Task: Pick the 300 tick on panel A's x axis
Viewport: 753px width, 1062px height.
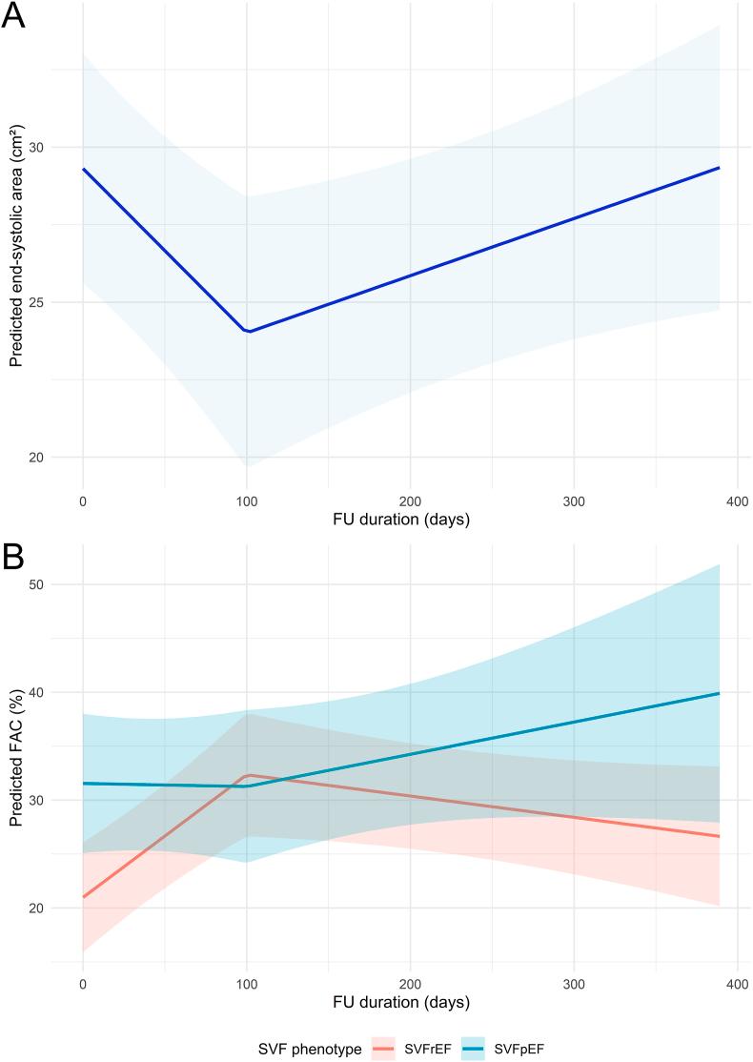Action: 574,501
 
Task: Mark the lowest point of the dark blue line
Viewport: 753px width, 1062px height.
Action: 248,331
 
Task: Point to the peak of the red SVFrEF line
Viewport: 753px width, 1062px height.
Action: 248,775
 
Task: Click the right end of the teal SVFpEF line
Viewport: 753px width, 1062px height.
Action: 719,693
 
